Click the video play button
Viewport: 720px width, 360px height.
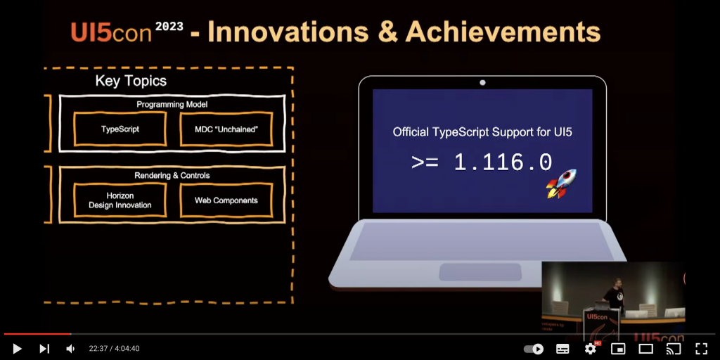[x=18, y=349]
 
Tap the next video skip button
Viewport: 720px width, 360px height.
[x=44, y=349]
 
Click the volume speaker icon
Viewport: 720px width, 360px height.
[x=70, y=349]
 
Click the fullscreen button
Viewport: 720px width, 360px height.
[x=701, y=349]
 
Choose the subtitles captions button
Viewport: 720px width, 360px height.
[x=562, y=349]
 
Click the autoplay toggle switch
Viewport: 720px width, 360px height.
[x=534, y=349]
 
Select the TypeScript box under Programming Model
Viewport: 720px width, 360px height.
[x=120, y=129]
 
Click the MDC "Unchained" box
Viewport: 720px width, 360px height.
[x=226, y=129]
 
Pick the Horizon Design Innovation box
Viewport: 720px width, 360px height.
[x=120, y=200]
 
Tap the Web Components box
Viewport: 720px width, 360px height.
[x=226, y=200]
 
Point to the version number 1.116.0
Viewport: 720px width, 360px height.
[x=503, y=163]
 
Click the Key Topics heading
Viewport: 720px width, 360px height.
[x=131, y=82]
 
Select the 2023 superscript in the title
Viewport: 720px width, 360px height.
[x=169, y=27]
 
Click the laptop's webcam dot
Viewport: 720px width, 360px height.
[x=482, y=83]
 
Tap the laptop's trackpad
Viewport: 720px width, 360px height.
[x=480, y=271]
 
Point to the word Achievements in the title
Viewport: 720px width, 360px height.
[x=503, y=32]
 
